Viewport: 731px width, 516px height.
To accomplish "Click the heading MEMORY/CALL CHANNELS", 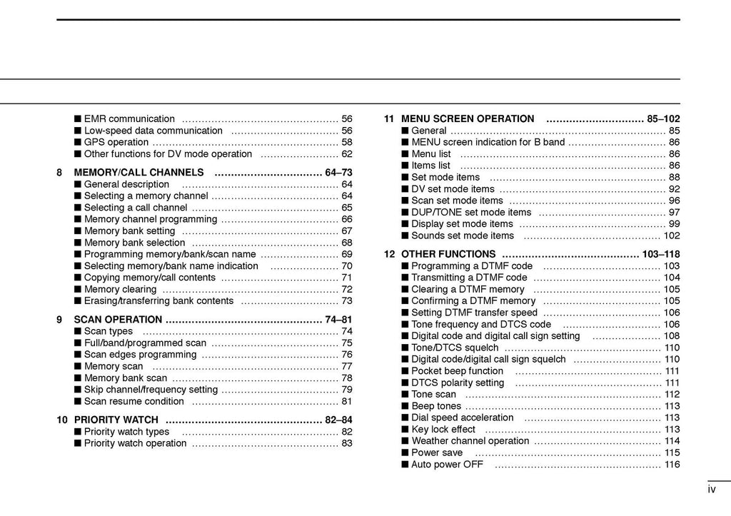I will pyautogui.click(x=138, y=173).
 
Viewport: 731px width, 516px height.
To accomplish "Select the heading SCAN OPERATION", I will pyautogui.click(x=118, y=320).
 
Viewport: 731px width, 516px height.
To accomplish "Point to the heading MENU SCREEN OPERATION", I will pyautogui.click(x=468, y=119).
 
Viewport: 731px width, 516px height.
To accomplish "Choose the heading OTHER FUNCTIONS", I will pyautogui.click(x=448, y=254).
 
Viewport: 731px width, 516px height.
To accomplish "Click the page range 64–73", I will pyautogui.click(x=338, y=173).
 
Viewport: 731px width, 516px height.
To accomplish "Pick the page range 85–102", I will pyautogui.click(x=663, y=119).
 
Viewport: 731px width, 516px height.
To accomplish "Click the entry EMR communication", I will pyautogui.click(x=129, y=119).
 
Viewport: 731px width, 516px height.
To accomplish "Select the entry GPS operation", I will pyautogui.click(x=116, y=142).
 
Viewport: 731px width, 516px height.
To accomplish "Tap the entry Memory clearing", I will pyautogui.click(x=120, y=289).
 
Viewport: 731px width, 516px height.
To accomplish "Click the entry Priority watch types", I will pyautogui.click(x=126, y=432).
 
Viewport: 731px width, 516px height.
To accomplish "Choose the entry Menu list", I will pyautogui.click(x=431, y=154).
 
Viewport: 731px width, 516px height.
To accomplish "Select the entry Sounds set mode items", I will pyautogui.click(x=463, y=236).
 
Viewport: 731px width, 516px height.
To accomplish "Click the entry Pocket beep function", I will pyautogui.click(x=458, y=371).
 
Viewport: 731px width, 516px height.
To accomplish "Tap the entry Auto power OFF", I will pyautogui.click(x=447, y=465).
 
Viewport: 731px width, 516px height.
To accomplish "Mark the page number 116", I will pyautogui.click(x=672, y=465).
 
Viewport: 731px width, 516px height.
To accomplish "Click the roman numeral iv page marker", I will pyautogui.click(x=712, y=490).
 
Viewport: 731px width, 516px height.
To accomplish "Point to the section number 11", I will pyautogui.click(x=389, y=119).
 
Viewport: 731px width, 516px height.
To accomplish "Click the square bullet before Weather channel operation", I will pyautogui.click(x=405, y=441).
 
